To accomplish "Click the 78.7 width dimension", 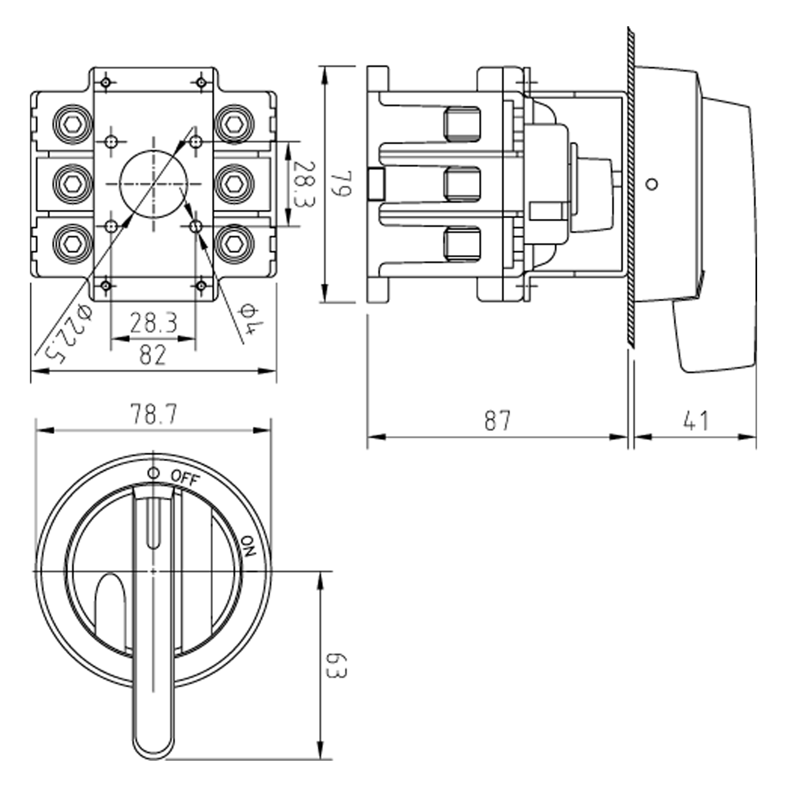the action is (x=154, y=414).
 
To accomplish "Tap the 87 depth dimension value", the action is (x=497, y=420).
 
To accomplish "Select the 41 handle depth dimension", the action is (x=696, y=420).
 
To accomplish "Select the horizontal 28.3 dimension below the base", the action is (x=154, y=323).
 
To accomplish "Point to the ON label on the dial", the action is (x=248, y=546).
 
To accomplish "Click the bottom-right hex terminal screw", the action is (x=235, y=242).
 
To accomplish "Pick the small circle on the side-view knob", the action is (x=652, y=184).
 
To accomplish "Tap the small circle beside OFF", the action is (x=153, y=473).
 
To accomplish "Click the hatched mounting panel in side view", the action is (x=631, y=186).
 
